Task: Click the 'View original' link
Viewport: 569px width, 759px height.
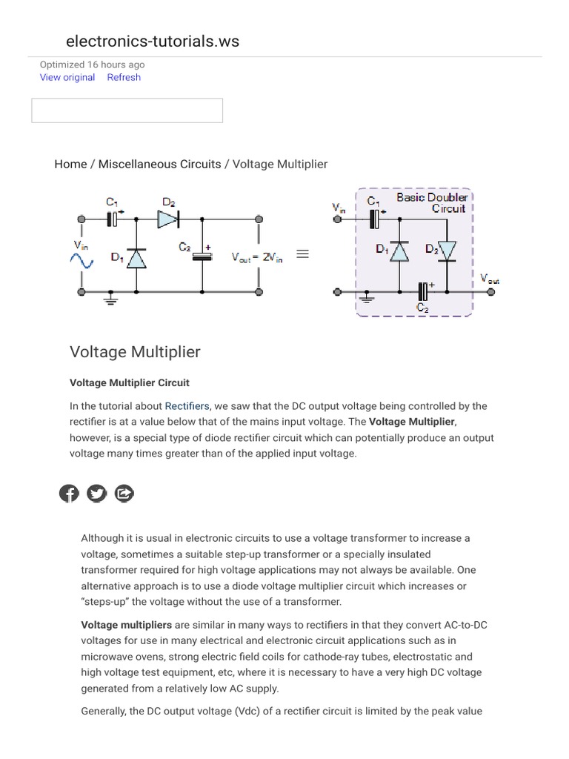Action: (67, 77)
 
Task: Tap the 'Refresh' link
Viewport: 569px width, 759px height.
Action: (124, 77)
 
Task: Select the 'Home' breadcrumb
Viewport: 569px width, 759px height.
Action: (70, 164)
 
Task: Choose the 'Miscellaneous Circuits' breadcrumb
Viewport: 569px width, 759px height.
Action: (159, 164)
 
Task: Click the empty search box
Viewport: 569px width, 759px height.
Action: (127, 110)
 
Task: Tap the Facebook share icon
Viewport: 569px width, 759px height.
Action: (69, 493)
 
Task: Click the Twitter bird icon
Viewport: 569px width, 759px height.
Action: (97, 493)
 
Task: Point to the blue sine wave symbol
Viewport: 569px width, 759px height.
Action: (81, 260)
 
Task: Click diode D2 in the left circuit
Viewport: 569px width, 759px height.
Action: (167, 218)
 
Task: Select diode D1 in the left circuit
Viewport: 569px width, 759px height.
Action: (135, 258)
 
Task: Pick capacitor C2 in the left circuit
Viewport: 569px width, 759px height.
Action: (202, 256)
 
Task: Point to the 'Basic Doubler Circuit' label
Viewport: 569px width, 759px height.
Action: (432, 202)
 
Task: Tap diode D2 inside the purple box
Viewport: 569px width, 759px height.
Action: (447, 252)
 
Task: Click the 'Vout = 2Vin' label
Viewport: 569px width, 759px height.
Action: (257, 256)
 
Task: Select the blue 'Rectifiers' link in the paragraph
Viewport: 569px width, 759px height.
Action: (187, 406)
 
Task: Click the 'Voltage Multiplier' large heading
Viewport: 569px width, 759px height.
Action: (135, 351)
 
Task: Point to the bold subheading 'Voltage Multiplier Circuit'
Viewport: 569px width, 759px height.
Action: (130, 383)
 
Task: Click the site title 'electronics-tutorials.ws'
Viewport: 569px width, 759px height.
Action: (153, 42)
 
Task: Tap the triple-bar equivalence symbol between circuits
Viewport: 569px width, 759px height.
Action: (302, 253)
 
